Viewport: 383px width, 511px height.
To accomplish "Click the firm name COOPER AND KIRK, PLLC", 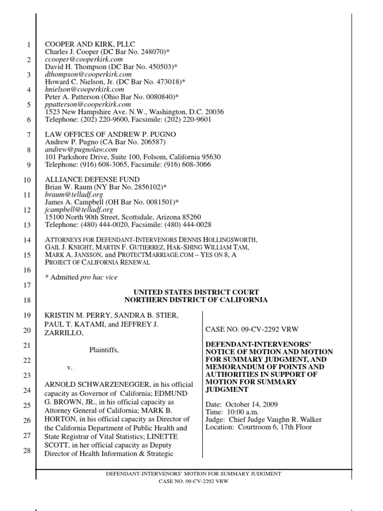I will tap(90, 44).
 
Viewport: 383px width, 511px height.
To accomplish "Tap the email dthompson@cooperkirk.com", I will tap(88, 74).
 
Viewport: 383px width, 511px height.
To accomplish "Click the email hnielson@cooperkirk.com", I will tap(85, 89).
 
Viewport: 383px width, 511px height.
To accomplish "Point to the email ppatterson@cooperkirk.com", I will tap(88, 104).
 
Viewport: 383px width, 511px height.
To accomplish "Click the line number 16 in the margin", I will tap(27, 270).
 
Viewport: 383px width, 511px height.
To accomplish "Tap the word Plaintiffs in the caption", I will tap(104, 350).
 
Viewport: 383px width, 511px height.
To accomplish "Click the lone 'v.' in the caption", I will tap(70, 368).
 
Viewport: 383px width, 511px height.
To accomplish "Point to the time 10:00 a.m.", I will tap(243, 412).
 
